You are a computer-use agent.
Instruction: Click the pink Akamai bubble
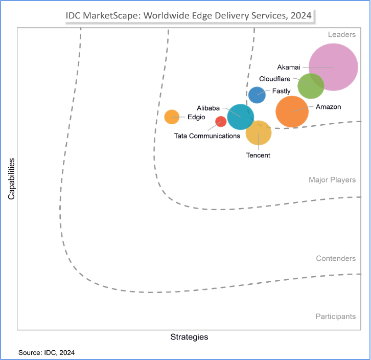[333, 67]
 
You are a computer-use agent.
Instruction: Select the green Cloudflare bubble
[311, 85]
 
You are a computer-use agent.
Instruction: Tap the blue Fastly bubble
[257, 95]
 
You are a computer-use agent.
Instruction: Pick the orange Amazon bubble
[292, 111]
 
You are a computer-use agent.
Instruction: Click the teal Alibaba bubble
[240, 117]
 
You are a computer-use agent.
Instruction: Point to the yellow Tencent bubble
[258, 133]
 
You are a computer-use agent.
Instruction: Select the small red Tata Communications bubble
[221, 121]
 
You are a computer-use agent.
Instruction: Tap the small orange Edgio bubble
[172, 117]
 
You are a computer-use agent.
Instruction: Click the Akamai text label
[289, 67]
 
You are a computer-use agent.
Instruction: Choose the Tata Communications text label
[207, 136]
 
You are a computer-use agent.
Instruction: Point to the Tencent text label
[258, 155]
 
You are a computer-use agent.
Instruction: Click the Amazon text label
[328, 107]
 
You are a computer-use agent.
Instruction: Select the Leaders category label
[341, 35]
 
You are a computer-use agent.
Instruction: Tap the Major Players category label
[332, 180]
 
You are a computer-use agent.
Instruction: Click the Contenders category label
[336, 258]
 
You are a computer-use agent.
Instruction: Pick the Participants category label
[335, 317]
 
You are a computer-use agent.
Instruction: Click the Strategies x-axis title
[189, 337]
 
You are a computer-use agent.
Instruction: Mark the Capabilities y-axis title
[11, 178]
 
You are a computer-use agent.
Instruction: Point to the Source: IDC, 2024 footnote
[47, 353]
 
